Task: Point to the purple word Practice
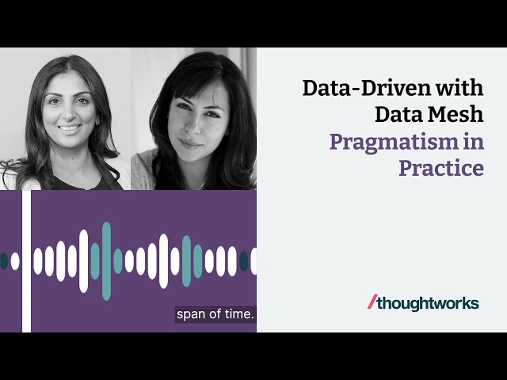pyautogui.click(x=441, y=168)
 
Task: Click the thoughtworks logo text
pyautogui.click(x=428, y=303)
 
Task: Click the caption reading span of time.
pyautogui.click(x=215, y=314)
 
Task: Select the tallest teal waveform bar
pyautogui.click(x=106, y=261)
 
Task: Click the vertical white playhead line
pyautogui.click(x=26, y=261)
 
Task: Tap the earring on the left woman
pyautogui.click(x=97, y=122)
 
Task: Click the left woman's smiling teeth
pyautogui.click(x=69, y=128)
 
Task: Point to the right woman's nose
pyautogui.click(x=193, y=127)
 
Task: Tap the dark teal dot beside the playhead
pyautogui.click(x=4, y=261)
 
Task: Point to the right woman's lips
pyautogui.click(x=189, y=143)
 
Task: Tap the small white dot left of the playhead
pyautogui.click(x=15, y=261)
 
